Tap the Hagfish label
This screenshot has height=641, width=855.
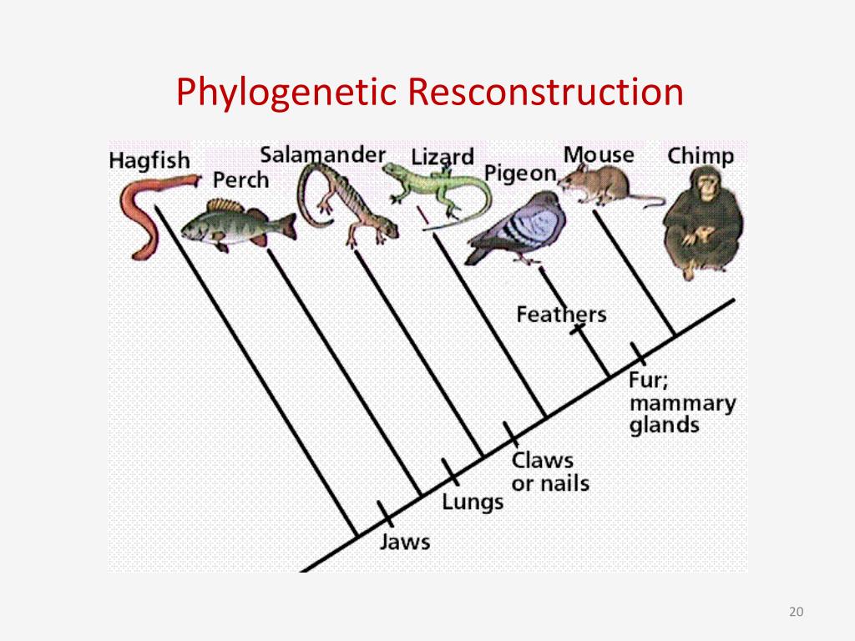(x=149, y=160)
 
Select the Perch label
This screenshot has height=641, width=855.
(x=241, y=180)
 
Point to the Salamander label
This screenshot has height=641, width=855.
(x=322, y=155)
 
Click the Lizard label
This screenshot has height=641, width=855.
(x=442, y=158)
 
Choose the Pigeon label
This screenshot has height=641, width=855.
(x=519, y=174)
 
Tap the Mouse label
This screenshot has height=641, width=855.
(x=598, y=155)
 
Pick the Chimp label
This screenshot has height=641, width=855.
(x=701, y=156)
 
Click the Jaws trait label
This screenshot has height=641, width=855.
(x=405, y=542)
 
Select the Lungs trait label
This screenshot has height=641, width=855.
(x=473, y=502)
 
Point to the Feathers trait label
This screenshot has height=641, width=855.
(x=560, y=315)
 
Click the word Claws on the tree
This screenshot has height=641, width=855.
(x=543, y=460)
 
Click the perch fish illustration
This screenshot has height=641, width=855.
(x=236, y=224)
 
